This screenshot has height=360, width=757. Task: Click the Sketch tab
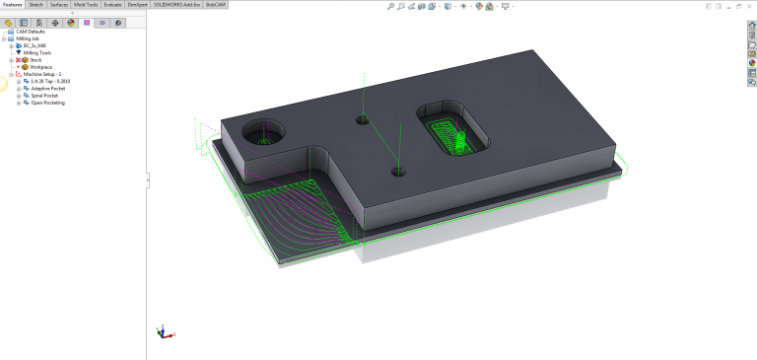tap(36, 4)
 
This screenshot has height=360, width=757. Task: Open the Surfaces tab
tap(60, 4)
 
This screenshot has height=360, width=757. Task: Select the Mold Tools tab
tap(86, 4)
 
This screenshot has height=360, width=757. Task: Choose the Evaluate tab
tap(112, 4)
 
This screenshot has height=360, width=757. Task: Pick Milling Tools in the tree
tap(37, 52)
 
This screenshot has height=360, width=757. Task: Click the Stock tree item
tap(35, 60)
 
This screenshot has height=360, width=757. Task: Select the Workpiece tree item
tap(40, 67)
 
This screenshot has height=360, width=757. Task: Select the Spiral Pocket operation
tap(44, 95)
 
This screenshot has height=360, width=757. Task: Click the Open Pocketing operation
tap(47, 103)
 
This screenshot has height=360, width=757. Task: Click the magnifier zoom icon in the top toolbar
tap(390, 6)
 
